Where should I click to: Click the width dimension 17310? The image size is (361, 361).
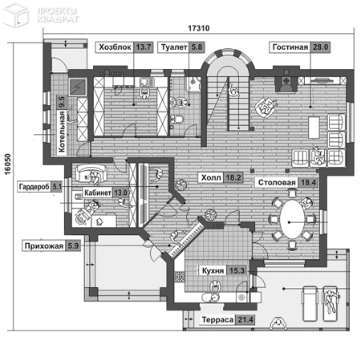tap(199, 28)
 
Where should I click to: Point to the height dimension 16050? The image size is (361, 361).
tap(8, 164)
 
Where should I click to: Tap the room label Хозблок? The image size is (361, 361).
tap(115, 47)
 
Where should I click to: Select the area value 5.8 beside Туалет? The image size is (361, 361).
tap(197, 47)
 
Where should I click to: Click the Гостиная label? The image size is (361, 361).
tap(290, 47)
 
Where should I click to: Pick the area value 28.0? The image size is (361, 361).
tap(320, 47)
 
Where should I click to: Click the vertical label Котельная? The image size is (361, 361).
tap(62, 132)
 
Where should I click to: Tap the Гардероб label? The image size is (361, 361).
tap(34, 187)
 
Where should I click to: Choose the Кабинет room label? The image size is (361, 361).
tap(98, 193)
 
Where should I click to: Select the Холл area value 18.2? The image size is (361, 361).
tap(233, 177)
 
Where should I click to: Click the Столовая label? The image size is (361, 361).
tap(277, 183)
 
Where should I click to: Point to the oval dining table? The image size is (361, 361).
tap(292, 219)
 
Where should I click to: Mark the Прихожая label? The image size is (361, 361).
tap(44, 246)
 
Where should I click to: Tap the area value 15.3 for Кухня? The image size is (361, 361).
tap(237, 270)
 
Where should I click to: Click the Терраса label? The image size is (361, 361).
tap(217, 320)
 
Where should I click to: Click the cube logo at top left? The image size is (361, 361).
tap(15, 15)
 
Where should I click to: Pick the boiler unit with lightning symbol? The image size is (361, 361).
tap(78, 87)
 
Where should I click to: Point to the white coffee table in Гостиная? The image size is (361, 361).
tap(314, 128)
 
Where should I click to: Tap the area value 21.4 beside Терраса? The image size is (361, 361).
tap(245, 320)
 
